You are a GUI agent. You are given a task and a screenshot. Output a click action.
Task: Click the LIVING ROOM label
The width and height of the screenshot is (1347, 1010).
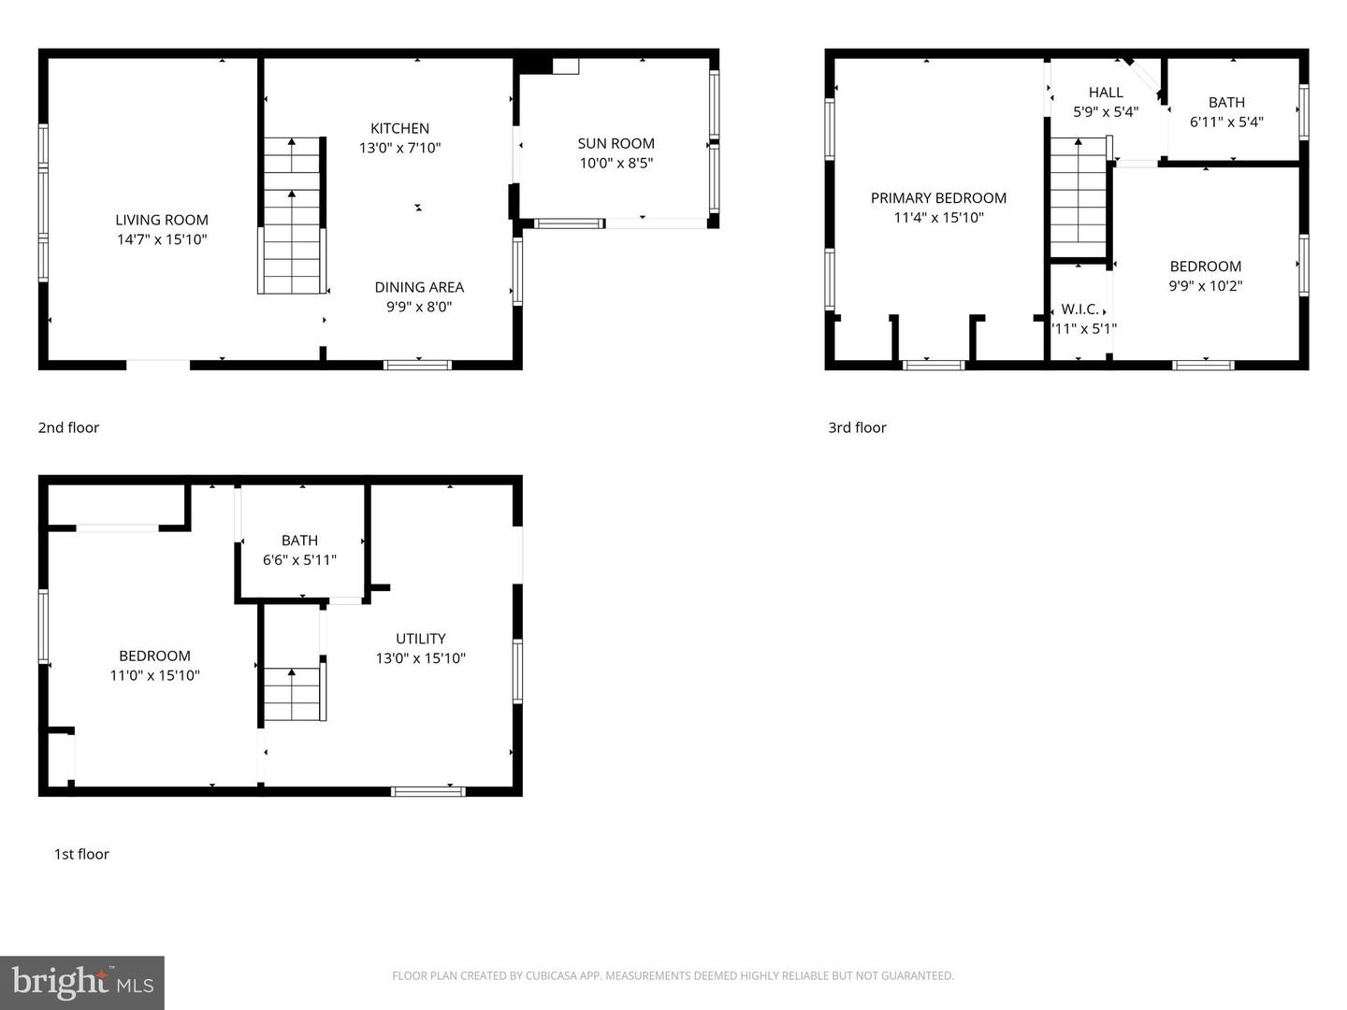point(162,220)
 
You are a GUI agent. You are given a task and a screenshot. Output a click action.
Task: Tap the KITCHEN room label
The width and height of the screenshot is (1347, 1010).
point(399,128)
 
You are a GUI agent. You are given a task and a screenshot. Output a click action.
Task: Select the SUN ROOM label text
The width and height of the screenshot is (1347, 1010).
point(616,143)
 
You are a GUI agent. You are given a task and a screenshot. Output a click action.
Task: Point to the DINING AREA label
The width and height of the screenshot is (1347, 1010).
point(419,287)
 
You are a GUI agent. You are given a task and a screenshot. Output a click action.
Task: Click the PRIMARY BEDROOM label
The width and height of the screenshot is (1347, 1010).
point(938,197)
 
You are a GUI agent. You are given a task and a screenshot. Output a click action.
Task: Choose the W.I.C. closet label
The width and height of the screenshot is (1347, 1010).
point(1079,309)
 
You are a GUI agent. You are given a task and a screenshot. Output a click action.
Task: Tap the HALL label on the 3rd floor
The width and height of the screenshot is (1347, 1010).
point(1106,92)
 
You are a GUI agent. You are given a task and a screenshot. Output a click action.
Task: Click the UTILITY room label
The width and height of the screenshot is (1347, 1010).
point(420,638)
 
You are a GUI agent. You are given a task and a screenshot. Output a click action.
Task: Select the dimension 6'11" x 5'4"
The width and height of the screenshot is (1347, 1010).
point(1226,122)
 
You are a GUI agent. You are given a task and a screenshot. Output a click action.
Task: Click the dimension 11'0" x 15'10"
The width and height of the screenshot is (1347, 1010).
point(154,675)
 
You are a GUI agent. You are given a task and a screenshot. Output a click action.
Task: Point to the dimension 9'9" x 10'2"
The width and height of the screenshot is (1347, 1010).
point(1205,286)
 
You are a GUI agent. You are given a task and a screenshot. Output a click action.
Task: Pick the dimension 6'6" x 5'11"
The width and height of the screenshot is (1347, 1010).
point(299,559)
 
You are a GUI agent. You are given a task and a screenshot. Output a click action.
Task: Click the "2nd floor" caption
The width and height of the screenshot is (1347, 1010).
point(68,427)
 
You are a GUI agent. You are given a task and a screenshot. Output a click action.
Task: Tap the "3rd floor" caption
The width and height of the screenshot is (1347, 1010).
point(857,427)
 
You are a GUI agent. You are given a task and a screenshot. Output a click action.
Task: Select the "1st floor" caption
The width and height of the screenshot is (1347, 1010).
point(81,854)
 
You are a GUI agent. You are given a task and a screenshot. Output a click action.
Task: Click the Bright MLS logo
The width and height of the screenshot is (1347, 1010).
point(82,982)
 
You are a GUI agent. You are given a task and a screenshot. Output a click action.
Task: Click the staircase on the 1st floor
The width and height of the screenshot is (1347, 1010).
point(294,694)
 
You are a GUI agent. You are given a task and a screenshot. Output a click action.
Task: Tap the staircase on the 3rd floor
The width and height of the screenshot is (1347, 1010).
point(1079,196)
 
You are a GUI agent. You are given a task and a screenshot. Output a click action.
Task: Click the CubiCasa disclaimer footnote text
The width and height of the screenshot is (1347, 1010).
point(673,975)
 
